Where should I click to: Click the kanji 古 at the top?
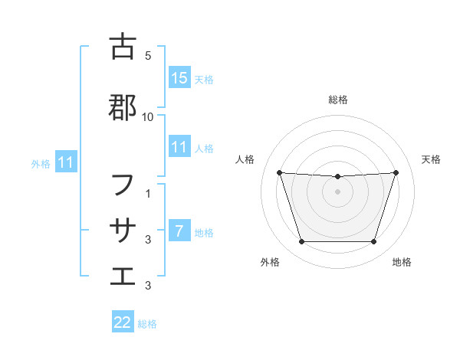[x=123, y=47]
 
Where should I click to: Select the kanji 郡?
[x=123, y=108]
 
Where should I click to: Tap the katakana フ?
[x=123, y=185]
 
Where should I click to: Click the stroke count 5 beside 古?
[x=148, y=56]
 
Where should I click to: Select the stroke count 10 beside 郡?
[x=148, y=117]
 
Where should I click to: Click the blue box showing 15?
[x=179, y=78]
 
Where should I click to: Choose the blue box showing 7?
[x=179, y=231]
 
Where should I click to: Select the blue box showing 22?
[x=123, y=322]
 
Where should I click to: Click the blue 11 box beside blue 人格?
[x=179, y=147]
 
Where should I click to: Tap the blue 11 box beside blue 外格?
[x=65, y=162]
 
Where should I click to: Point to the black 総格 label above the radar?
[x=338, y=100]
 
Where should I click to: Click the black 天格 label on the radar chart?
[x=431, y=159]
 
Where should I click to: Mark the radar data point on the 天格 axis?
[x=396, y=172]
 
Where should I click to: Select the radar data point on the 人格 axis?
[x=280, y=172]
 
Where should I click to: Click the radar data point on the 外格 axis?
[x=301, y=242]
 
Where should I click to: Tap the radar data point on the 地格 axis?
[x=374, y=242]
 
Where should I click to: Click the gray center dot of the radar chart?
[x=338, y=191]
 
